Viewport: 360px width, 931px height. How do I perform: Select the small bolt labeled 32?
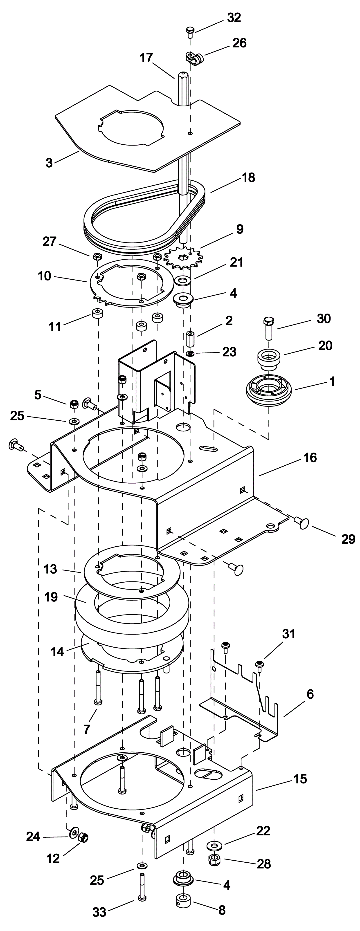[190, 32]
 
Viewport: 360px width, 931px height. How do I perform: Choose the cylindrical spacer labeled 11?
[97, 313]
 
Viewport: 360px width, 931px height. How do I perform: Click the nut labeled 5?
[74, 404]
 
